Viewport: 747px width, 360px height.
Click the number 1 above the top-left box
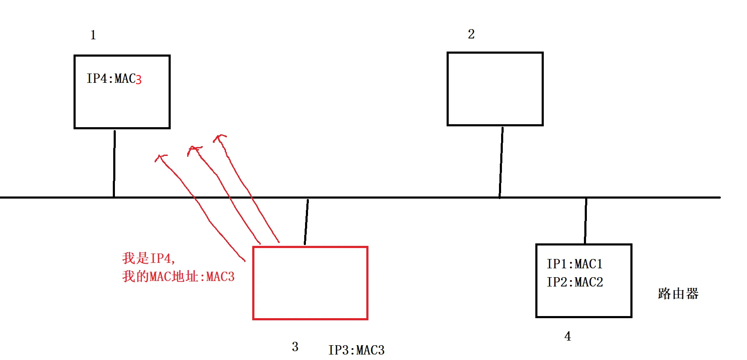(93, 35)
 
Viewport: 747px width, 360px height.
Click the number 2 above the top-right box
(471, 34)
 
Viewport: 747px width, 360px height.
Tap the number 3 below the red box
(295, 347)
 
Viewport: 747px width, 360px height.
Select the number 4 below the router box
(567, 336)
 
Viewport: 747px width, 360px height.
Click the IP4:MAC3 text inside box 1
(114, 79)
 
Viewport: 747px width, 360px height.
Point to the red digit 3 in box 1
(139, 79)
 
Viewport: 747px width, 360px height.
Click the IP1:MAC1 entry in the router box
(574, 264)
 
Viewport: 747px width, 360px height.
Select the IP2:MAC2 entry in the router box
(575, 282)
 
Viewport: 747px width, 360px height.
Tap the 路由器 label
(678, 294)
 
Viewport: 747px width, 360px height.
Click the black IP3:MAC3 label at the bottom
(356, 350)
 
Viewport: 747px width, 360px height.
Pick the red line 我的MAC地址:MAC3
(178, 277)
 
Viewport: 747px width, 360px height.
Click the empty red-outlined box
(310, 283)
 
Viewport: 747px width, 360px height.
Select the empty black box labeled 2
(495, 89)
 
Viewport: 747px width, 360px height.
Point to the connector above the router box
(586, 221)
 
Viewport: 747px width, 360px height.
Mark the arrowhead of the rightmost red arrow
(219, 137)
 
